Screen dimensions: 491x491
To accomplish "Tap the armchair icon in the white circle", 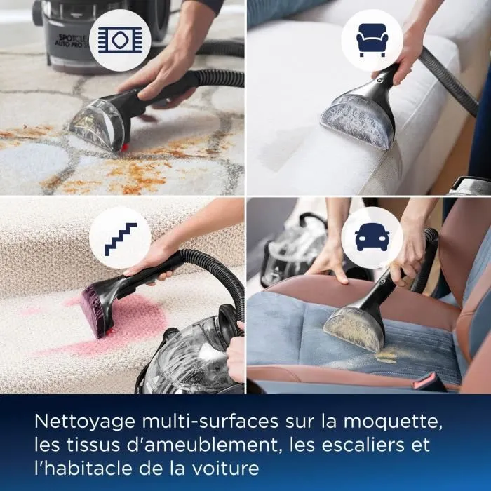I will (371, 40).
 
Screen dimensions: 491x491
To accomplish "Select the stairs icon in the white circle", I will (121, 238).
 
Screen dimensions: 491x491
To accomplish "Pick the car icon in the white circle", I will (371, 238).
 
